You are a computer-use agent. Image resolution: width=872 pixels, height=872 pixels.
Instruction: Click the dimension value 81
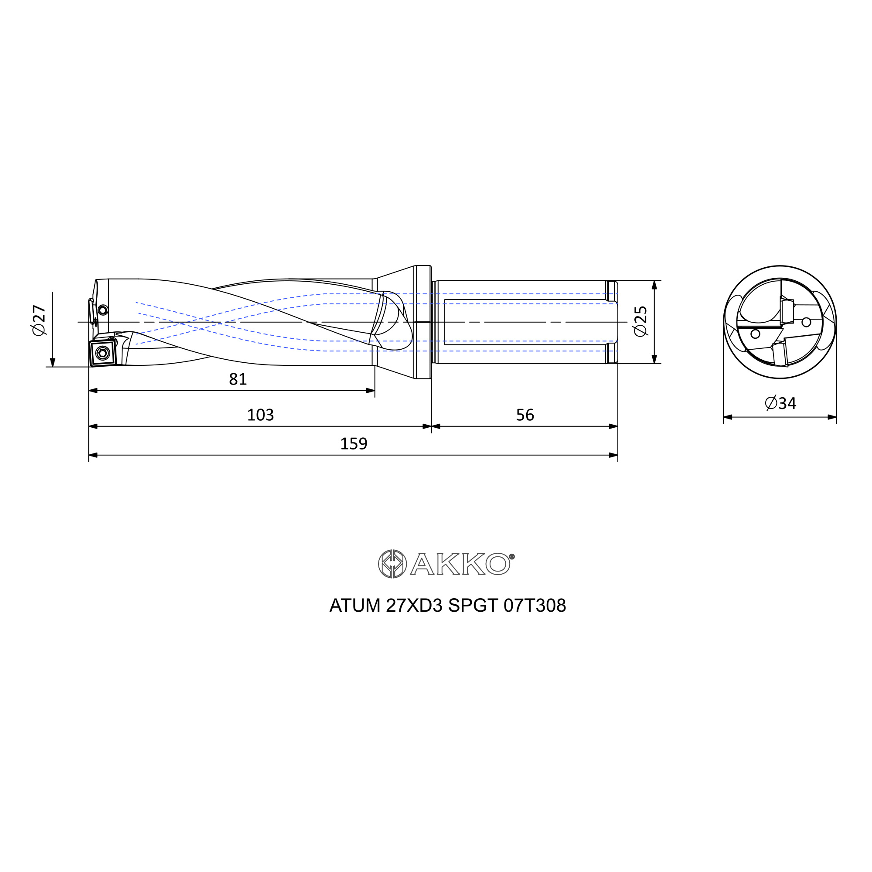click(238, 379)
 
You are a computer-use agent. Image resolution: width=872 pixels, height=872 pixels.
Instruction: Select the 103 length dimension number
click(260, 415)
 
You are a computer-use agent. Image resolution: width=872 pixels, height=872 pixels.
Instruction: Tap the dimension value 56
click(525, 415)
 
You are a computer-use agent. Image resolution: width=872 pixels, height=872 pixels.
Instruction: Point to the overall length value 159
click(354, 444)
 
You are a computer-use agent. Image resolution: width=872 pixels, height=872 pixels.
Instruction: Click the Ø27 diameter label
click(39, 320)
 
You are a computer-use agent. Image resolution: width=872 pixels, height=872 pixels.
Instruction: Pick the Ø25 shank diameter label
click(640, 321)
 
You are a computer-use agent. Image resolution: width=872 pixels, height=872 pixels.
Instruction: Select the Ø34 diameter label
click(781, 402)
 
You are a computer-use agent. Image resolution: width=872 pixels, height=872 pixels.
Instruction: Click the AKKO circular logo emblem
click(392, 564)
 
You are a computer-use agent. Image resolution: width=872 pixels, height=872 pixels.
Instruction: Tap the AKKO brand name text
click(462, 564)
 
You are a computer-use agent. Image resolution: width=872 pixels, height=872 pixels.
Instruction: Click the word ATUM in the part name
click(355, 606)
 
